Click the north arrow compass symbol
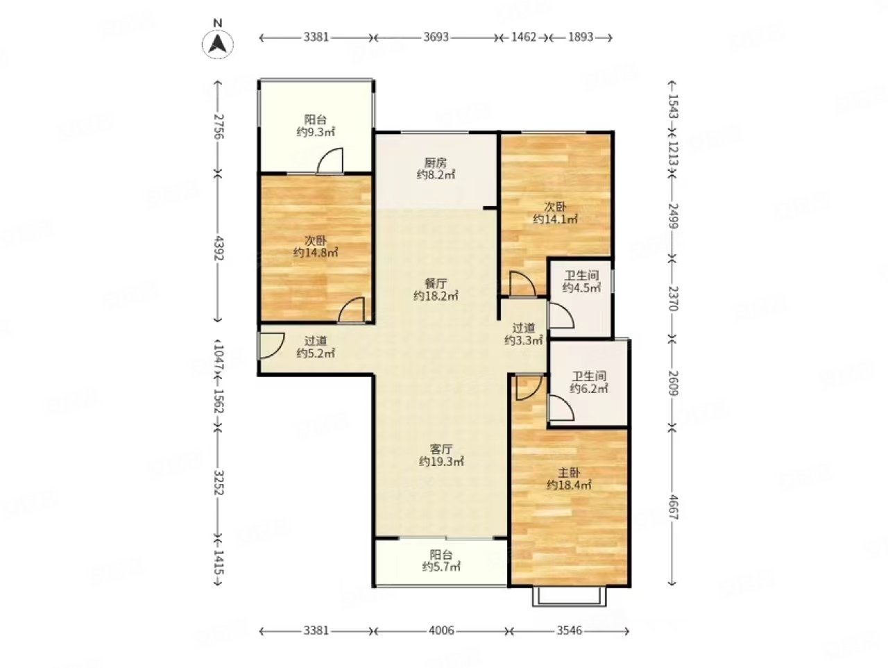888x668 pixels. tap(217, 43)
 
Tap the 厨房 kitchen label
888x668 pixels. tap(435, 162)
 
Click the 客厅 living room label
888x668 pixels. tap(441, 449)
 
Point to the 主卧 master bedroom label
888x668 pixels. tap(569, 472)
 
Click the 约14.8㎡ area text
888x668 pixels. tap(315, 253)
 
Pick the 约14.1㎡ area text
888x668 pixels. tap(554, 219)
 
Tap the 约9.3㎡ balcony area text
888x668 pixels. tap(315, 132)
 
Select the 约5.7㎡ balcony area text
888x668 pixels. tap(441, 567)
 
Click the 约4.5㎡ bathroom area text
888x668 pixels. tap(581, 288)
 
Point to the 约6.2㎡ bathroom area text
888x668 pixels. tap(588, 389)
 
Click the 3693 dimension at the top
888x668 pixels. tap(436, 37)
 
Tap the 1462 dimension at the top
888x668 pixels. tap(524, 37)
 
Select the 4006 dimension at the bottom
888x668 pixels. tap(441, 631)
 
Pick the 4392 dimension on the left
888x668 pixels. tap(219, 248)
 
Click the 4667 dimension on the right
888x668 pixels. tap(673, 507)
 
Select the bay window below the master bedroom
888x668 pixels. tap(569, 596)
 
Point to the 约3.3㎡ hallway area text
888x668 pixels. tap(523, 340)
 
